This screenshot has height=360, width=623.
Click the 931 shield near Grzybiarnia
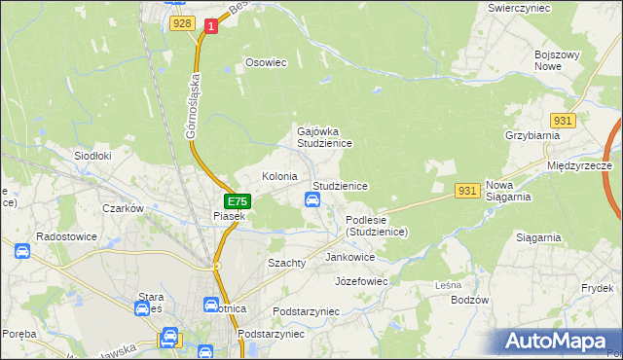564,121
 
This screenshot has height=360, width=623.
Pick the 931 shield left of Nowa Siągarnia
468,191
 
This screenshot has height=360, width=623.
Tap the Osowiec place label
266,62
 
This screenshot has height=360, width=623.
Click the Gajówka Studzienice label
323,136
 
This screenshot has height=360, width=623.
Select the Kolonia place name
279,176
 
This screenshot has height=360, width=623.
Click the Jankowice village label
350,257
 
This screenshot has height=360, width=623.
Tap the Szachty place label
287,263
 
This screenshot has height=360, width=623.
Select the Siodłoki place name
93,155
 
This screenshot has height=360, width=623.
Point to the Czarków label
124,208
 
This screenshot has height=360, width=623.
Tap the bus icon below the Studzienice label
312,200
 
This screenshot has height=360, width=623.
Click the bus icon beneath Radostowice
22,251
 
